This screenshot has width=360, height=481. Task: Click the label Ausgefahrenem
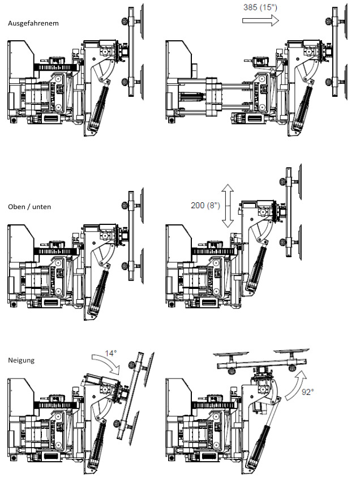[x=33, y=23]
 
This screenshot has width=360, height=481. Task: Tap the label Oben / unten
[x=29, y=207]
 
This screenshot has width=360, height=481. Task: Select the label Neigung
[x=21, y=360]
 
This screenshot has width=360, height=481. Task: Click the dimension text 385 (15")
[x=260, y=7]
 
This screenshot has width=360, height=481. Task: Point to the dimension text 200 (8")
[x=205, y=205]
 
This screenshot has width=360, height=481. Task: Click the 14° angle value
[x=110, y=354]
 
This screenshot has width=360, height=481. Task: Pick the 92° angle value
[x=307, y=392]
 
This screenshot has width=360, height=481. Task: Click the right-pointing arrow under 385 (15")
[x=261, y=20]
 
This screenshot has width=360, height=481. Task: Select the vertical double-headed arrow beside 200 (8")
[x=228, y=206]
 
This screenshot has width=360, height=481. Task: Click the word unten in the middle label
[x=42, y=207]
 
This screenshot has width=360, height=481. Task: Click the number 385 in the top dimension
[x=250, y=7]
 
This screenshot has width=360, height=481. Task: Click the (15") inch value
[x=268, y=7]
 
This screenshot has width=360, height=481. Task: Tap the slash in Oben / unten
[x=29, y=207]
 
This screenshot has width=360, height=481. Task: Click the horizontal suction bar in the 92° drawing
[x=262, y=364]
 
